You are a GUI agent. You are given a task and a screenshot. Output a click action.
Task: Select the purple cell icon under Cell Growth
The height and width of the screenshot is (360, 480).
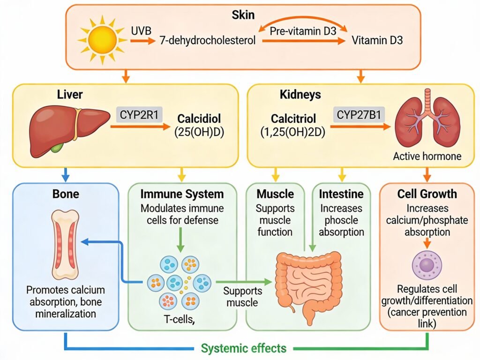pos(426,265)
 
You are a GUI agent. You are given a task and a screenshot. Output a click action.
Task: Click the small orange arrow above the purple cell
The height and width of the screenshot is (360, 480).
pos(426,242)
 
